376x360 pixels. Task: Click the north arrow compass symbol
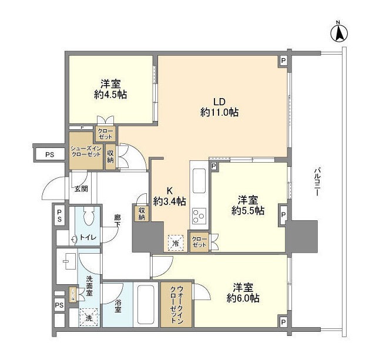338,32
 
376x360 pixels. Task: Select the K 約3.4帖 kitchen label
170,196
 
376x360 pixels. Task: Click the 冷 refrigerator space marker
174,242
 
